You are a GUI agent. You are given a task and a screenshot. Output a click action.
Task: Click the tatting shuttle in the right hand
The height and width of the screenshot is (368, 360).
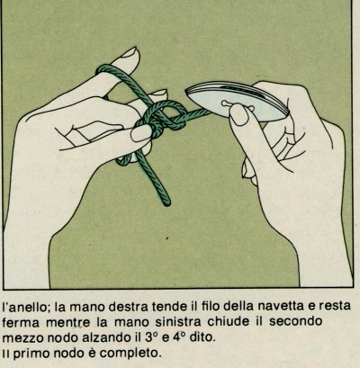pos(237,101)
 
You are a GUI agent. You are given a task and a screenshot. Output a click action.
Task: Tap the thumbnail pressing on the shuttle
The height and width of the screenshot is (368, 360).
pos(239,114)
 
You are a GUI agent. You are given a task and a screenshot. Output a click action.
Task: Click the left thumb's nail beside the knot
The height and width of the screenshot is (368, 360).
pos(141,133)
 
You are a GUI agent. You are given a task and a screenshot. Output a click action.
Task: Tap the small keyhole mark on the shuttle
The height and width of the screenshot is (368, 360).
pos(229,103)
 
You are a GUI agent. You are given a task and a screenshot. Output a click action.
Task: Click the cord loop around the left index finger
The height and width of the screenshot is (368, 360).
pos(105,71)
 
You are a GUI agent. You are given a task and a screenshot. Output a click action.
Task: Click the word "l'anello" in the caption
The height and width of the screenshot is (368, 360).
pos(25,307)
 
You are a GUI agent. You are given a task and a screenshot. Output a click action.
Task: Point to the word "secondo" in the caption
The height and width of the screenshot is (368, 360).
pos(296,321)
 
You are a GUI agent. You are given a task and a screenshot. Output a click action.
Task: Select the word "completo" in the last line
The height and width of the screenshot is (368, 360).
pos(129,354)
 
